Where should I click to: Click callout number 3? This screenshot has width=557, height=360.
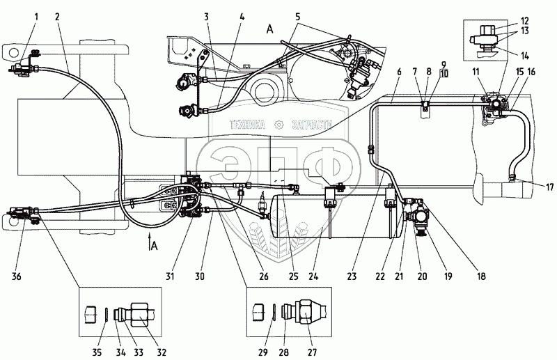pos(207,15)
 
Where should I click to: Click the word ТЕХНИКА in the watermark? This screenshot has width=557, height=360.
pos(250,125)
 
